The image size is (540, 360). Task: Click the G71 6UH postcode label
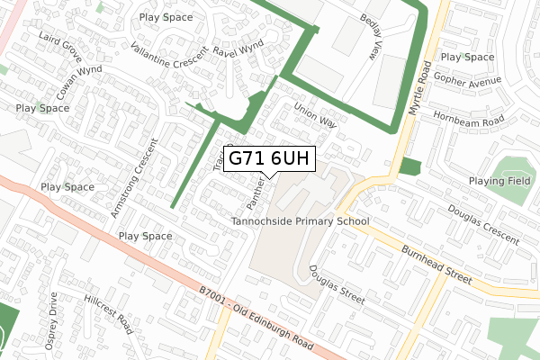click(x=269, y=158)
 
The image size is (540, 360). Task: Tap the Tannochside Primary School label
click(x=301, y=221)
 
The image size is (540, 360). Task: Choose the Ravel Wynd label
click(x=238, y=44)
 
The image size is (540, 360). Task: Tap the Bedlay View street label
click(x=371, y=38)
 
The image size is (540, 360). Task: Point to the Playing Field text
click(x=499, y=181)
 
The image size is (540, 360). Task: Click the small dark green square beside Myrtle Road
click(x=409, y=166)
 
